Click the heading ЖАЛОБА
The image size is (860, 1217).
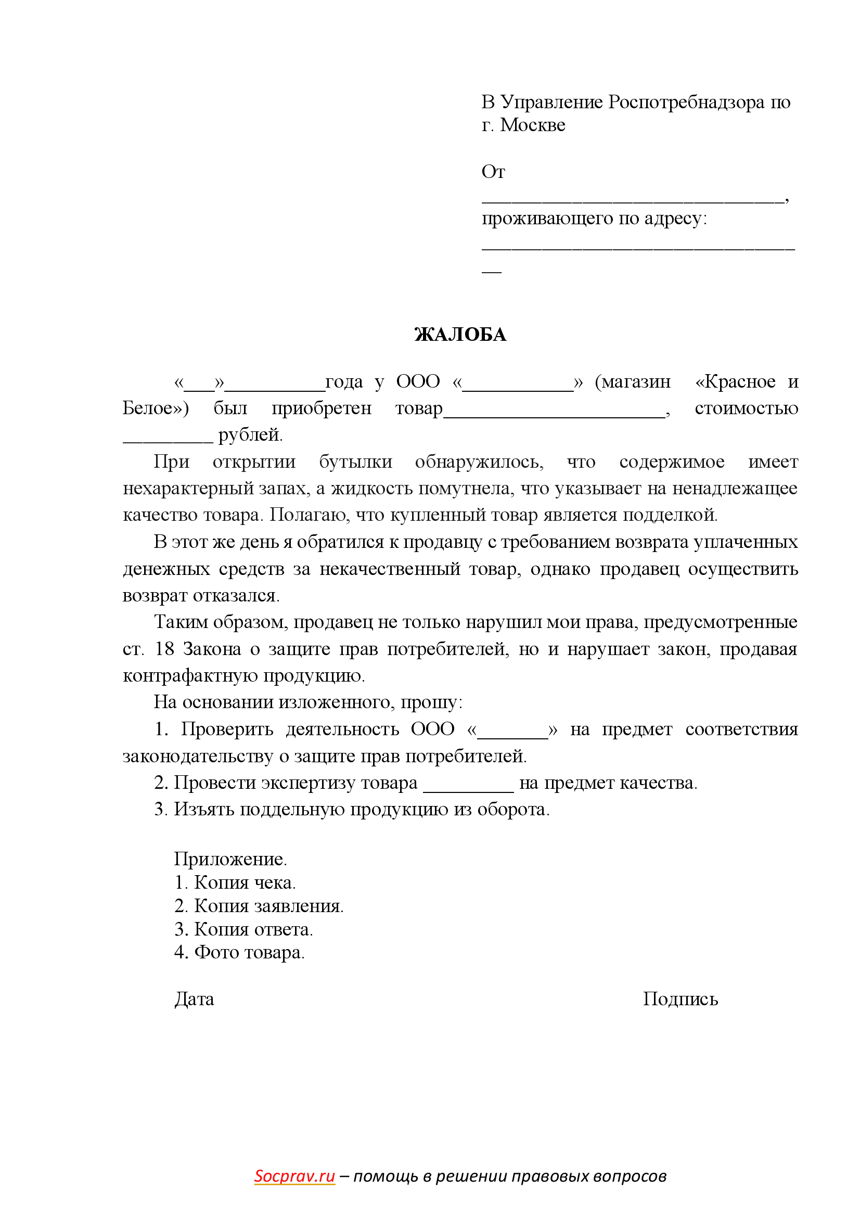[460, 335]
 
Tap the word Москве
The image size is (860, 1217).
[533, 125]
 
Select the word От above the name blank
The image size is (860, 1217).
[493, 172]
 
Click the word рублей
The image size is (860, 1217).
[250, 434]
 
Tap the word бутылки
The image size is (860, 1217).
[355, 462]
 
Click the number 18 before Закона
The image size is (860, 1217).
[164, 649]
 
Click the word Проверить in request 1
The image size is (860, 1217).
[227, 729]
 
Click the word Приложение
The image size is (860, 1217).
[230, 859]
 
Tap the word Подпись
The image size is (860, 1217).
[681, 999]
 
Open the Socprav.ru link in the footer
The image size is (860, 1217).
[294, 1176]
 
